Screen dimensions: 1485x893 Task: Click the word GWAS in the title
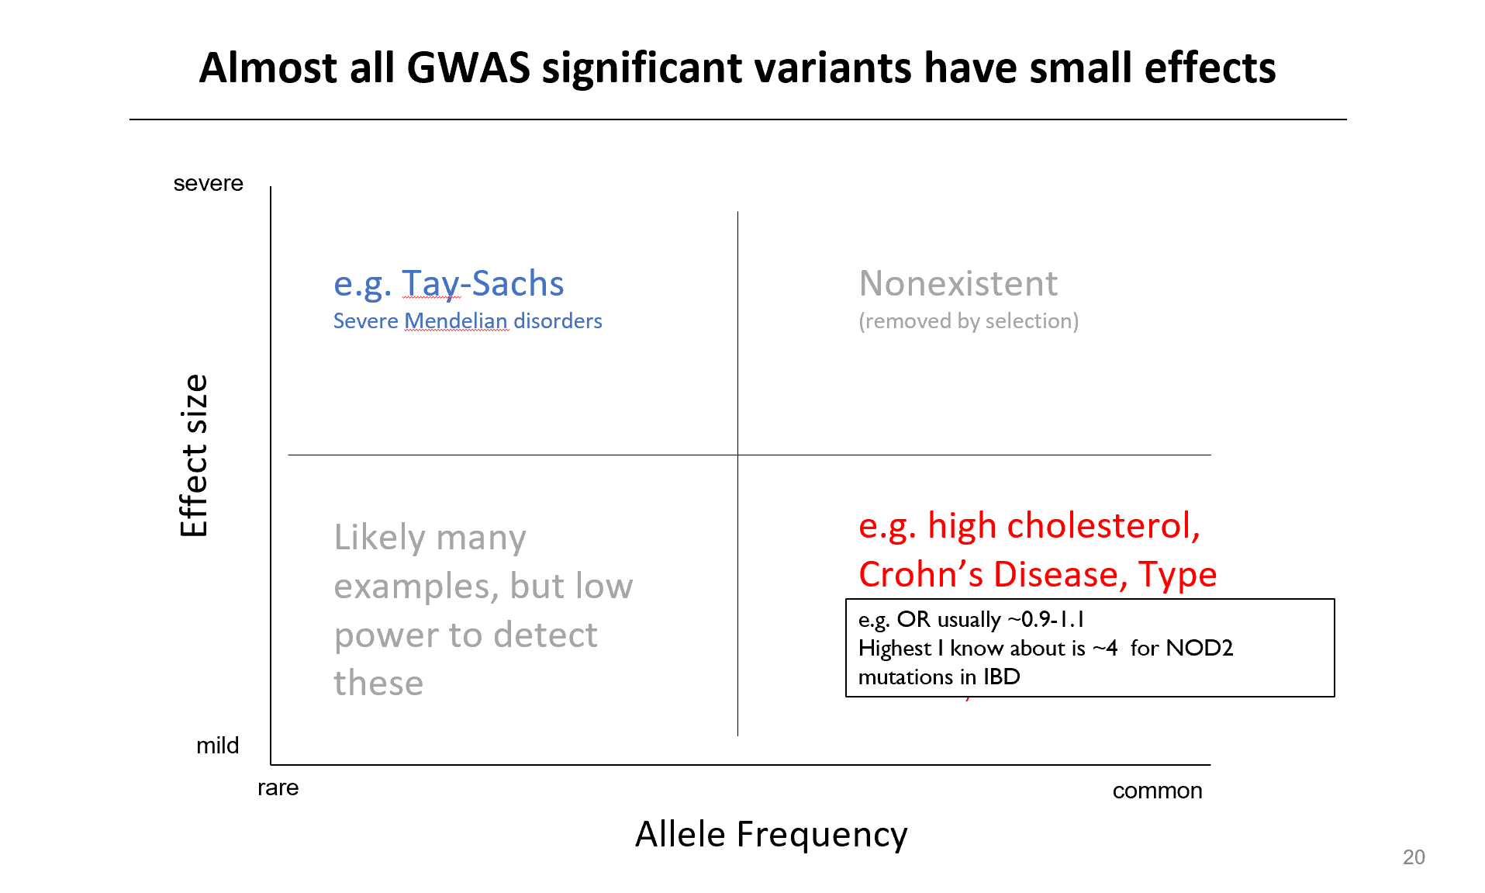click(468, 67)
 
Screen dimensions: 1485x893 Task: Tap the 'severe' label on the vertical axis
click(209, 184)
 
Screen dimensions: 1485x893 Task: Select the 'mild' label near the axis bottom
click(218, 746)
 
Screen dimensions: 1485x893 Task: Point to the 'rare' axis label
click(278, 788)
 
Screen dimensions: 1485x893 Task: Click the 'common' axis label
click(1158, 791)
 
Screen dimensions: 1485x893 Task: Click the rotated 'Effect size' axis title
click(194, 455)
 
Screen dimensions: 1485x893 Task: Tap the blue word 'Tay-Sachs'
click(483, 284)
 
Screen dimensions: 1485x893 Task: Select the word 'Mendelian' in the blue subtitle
click(456, 321)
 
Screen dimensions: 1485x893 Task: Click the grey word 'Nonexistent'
click(958, 283)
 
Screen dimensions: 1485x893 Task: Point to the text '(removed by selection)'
click(969, 321)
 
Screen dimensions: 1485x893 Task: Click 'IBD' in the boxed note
click(1002, 677)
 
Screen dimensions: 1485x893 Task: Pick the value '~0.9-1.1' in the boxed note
click(1046, 619)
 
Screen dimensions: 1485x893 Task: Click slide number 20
click(1414, 857)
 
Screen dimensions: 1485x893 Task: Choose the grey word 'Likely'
click(380, 538)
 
